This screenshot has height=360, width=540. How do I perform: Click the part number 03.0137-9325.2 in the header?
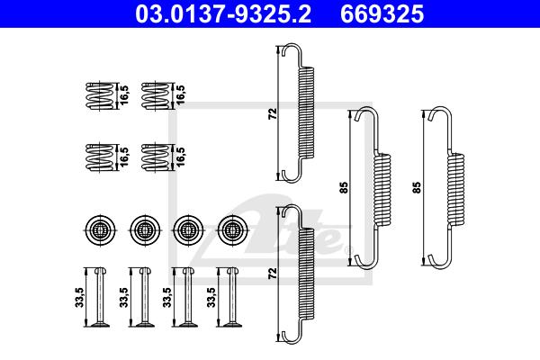[223, 14]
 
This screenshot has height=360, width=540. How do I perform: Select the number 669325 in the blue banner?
[382, 14]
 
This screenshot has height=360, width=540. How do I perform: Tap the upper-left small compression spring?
[99, 96]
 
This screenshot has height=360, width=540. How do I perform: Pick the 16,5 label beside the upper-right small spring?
[180, 94]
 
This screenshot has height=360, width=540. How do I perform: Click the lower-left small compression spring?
[99, 157]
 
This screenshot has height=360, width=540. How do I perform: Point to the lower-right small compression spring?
[156, 157]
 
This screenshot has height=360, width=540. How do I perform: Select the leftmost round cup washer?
[100, 229]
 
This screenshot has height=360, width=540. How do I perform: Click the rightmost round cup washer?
[233, 229]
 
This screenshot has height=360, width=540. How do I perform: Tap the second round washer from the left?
[145, 229]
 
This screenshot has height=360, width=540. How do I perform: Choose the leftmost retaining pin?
[100, 297]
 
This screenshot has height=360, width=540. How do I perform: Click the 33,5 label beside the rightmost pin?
[211, 297]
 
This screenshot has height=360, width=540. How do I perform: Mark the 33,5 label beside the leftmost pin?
[80, 297]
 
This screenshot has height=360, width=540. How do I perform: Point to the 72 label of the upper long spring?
[273, 113]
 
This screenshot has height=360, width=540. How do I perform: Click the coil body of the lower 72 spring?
[306, 274]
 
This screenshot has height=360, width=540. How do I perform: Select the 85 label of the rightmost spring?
[417, 187]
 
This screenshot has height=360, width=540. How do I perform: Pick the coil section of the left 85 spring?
[382, 190]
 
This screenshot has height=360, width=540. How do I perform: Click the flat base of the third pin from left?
[188, 325]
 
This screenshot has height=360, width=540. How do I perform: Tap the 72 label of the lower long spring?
[273, 274]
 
